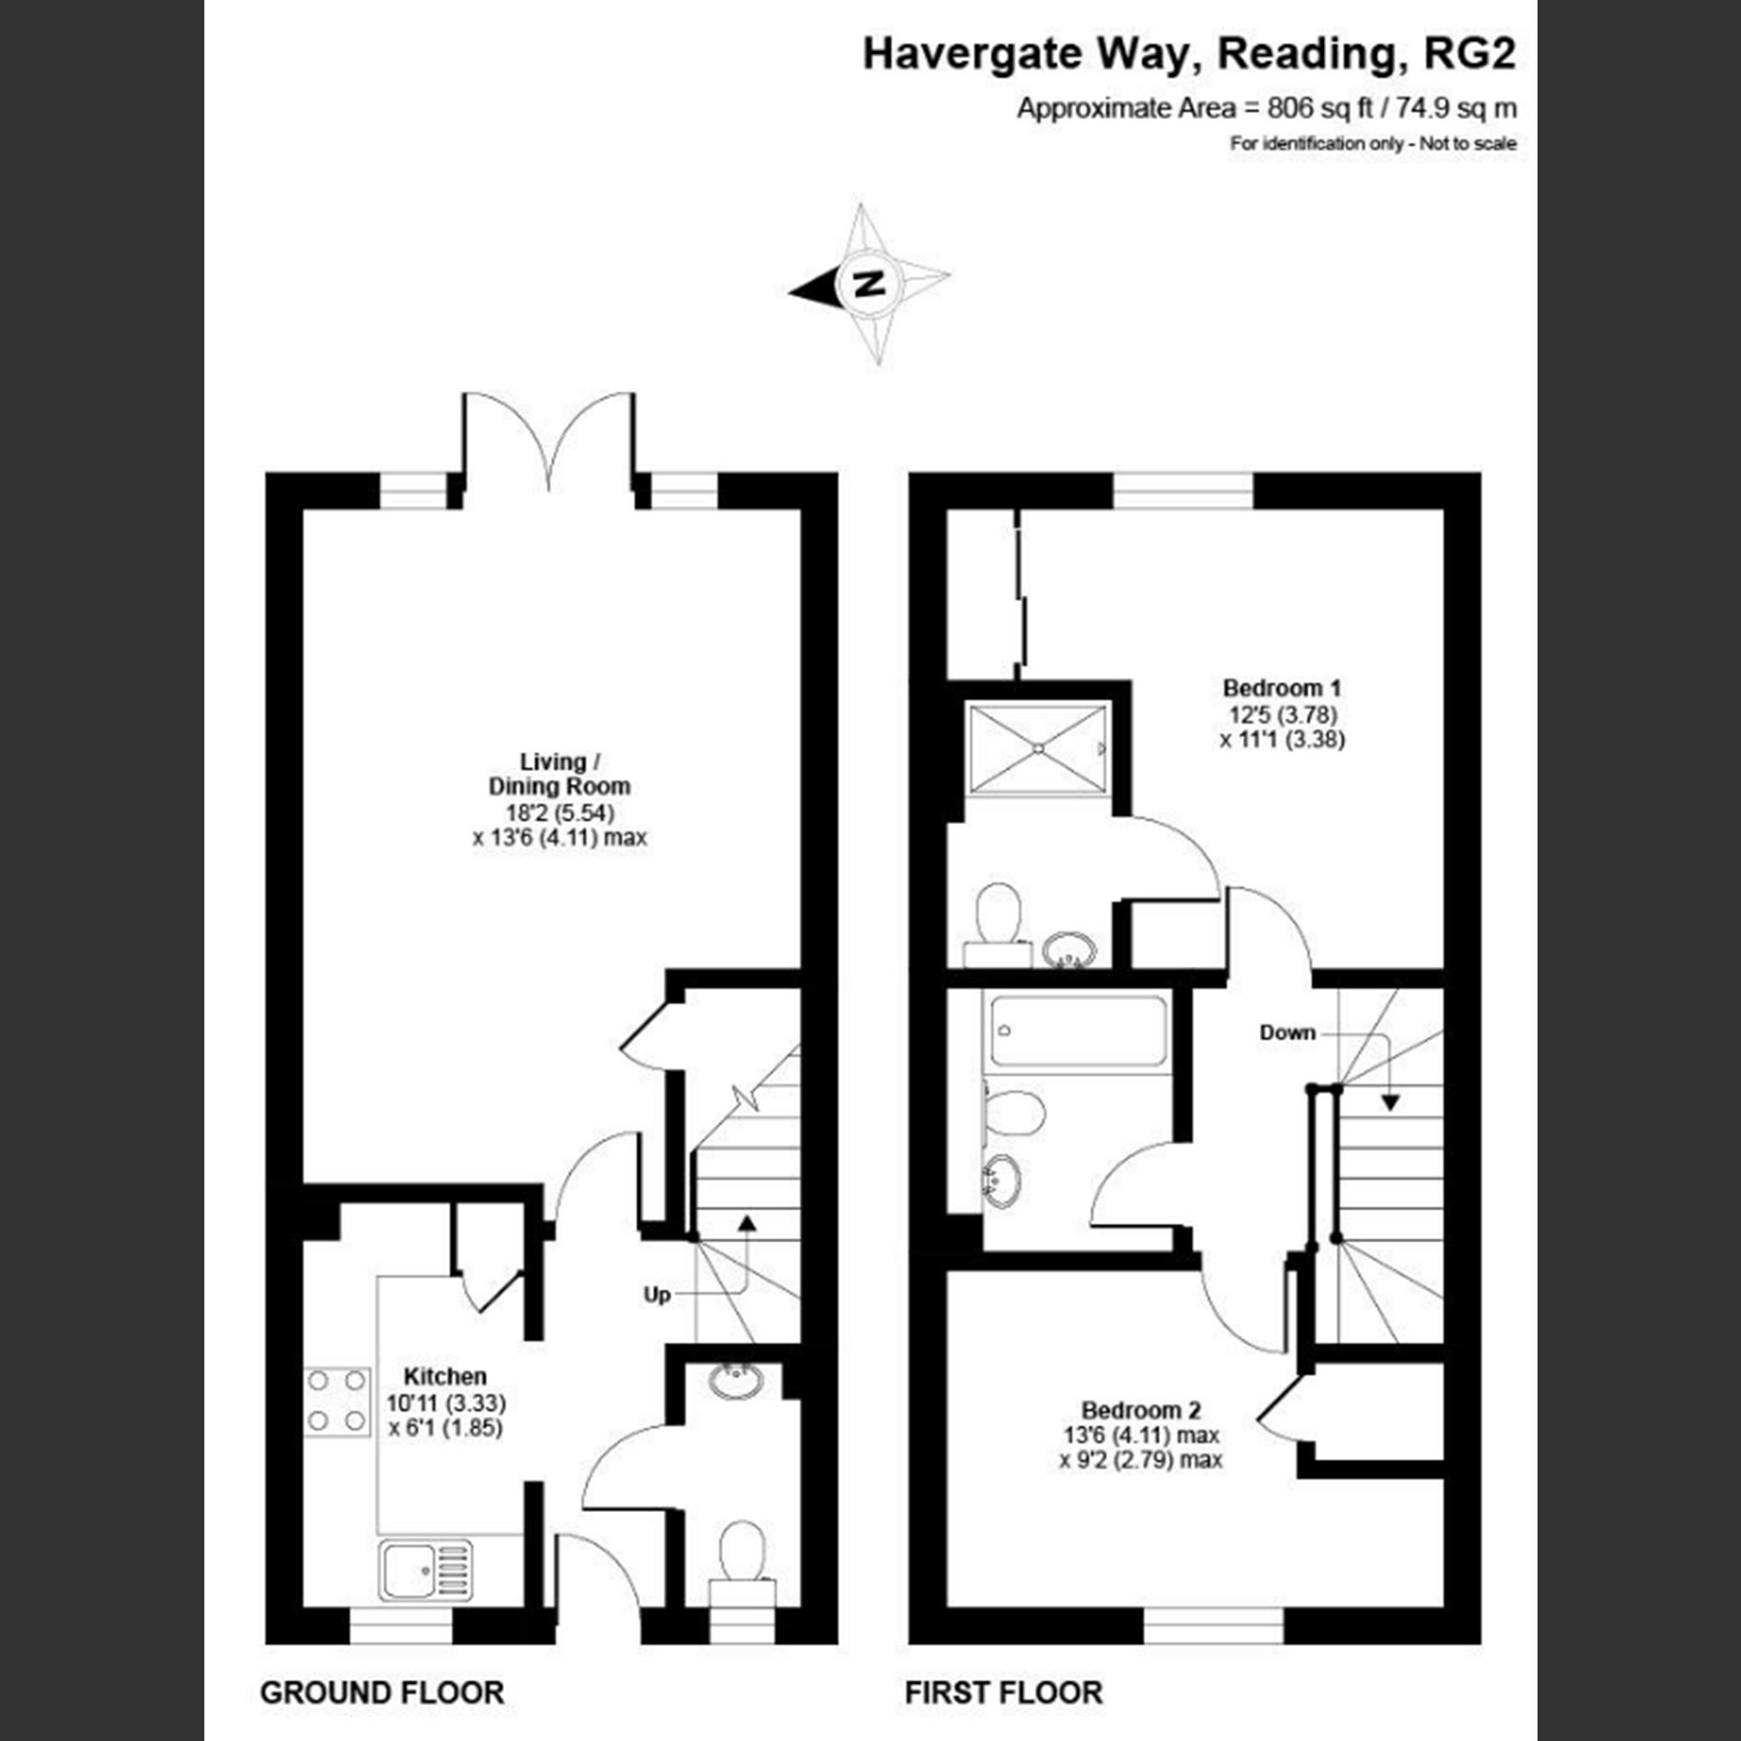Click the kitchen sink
[426, 1569]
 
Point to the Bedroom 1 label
[1281, 689]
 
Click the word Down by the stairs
[1287, 1033]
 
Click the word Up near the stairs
[657, 1294]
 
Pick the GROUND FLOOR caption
[382, 1692]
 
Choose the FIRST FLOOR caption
[1003, 1692]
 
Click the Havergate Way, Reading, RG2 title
[1189, 54]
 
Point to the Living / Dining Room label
[558, 774]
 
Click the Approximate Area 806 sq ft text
[1266, 109]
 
